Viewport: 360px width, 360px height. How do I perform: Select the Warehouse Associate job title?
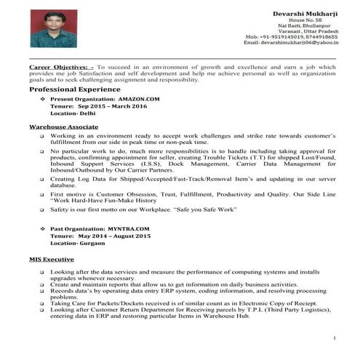[63, 127]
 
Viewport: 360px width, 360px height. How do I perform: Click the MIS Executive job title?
[52, 259]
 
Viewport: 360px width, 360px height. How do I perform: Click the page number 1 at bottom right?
[334, 339]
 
